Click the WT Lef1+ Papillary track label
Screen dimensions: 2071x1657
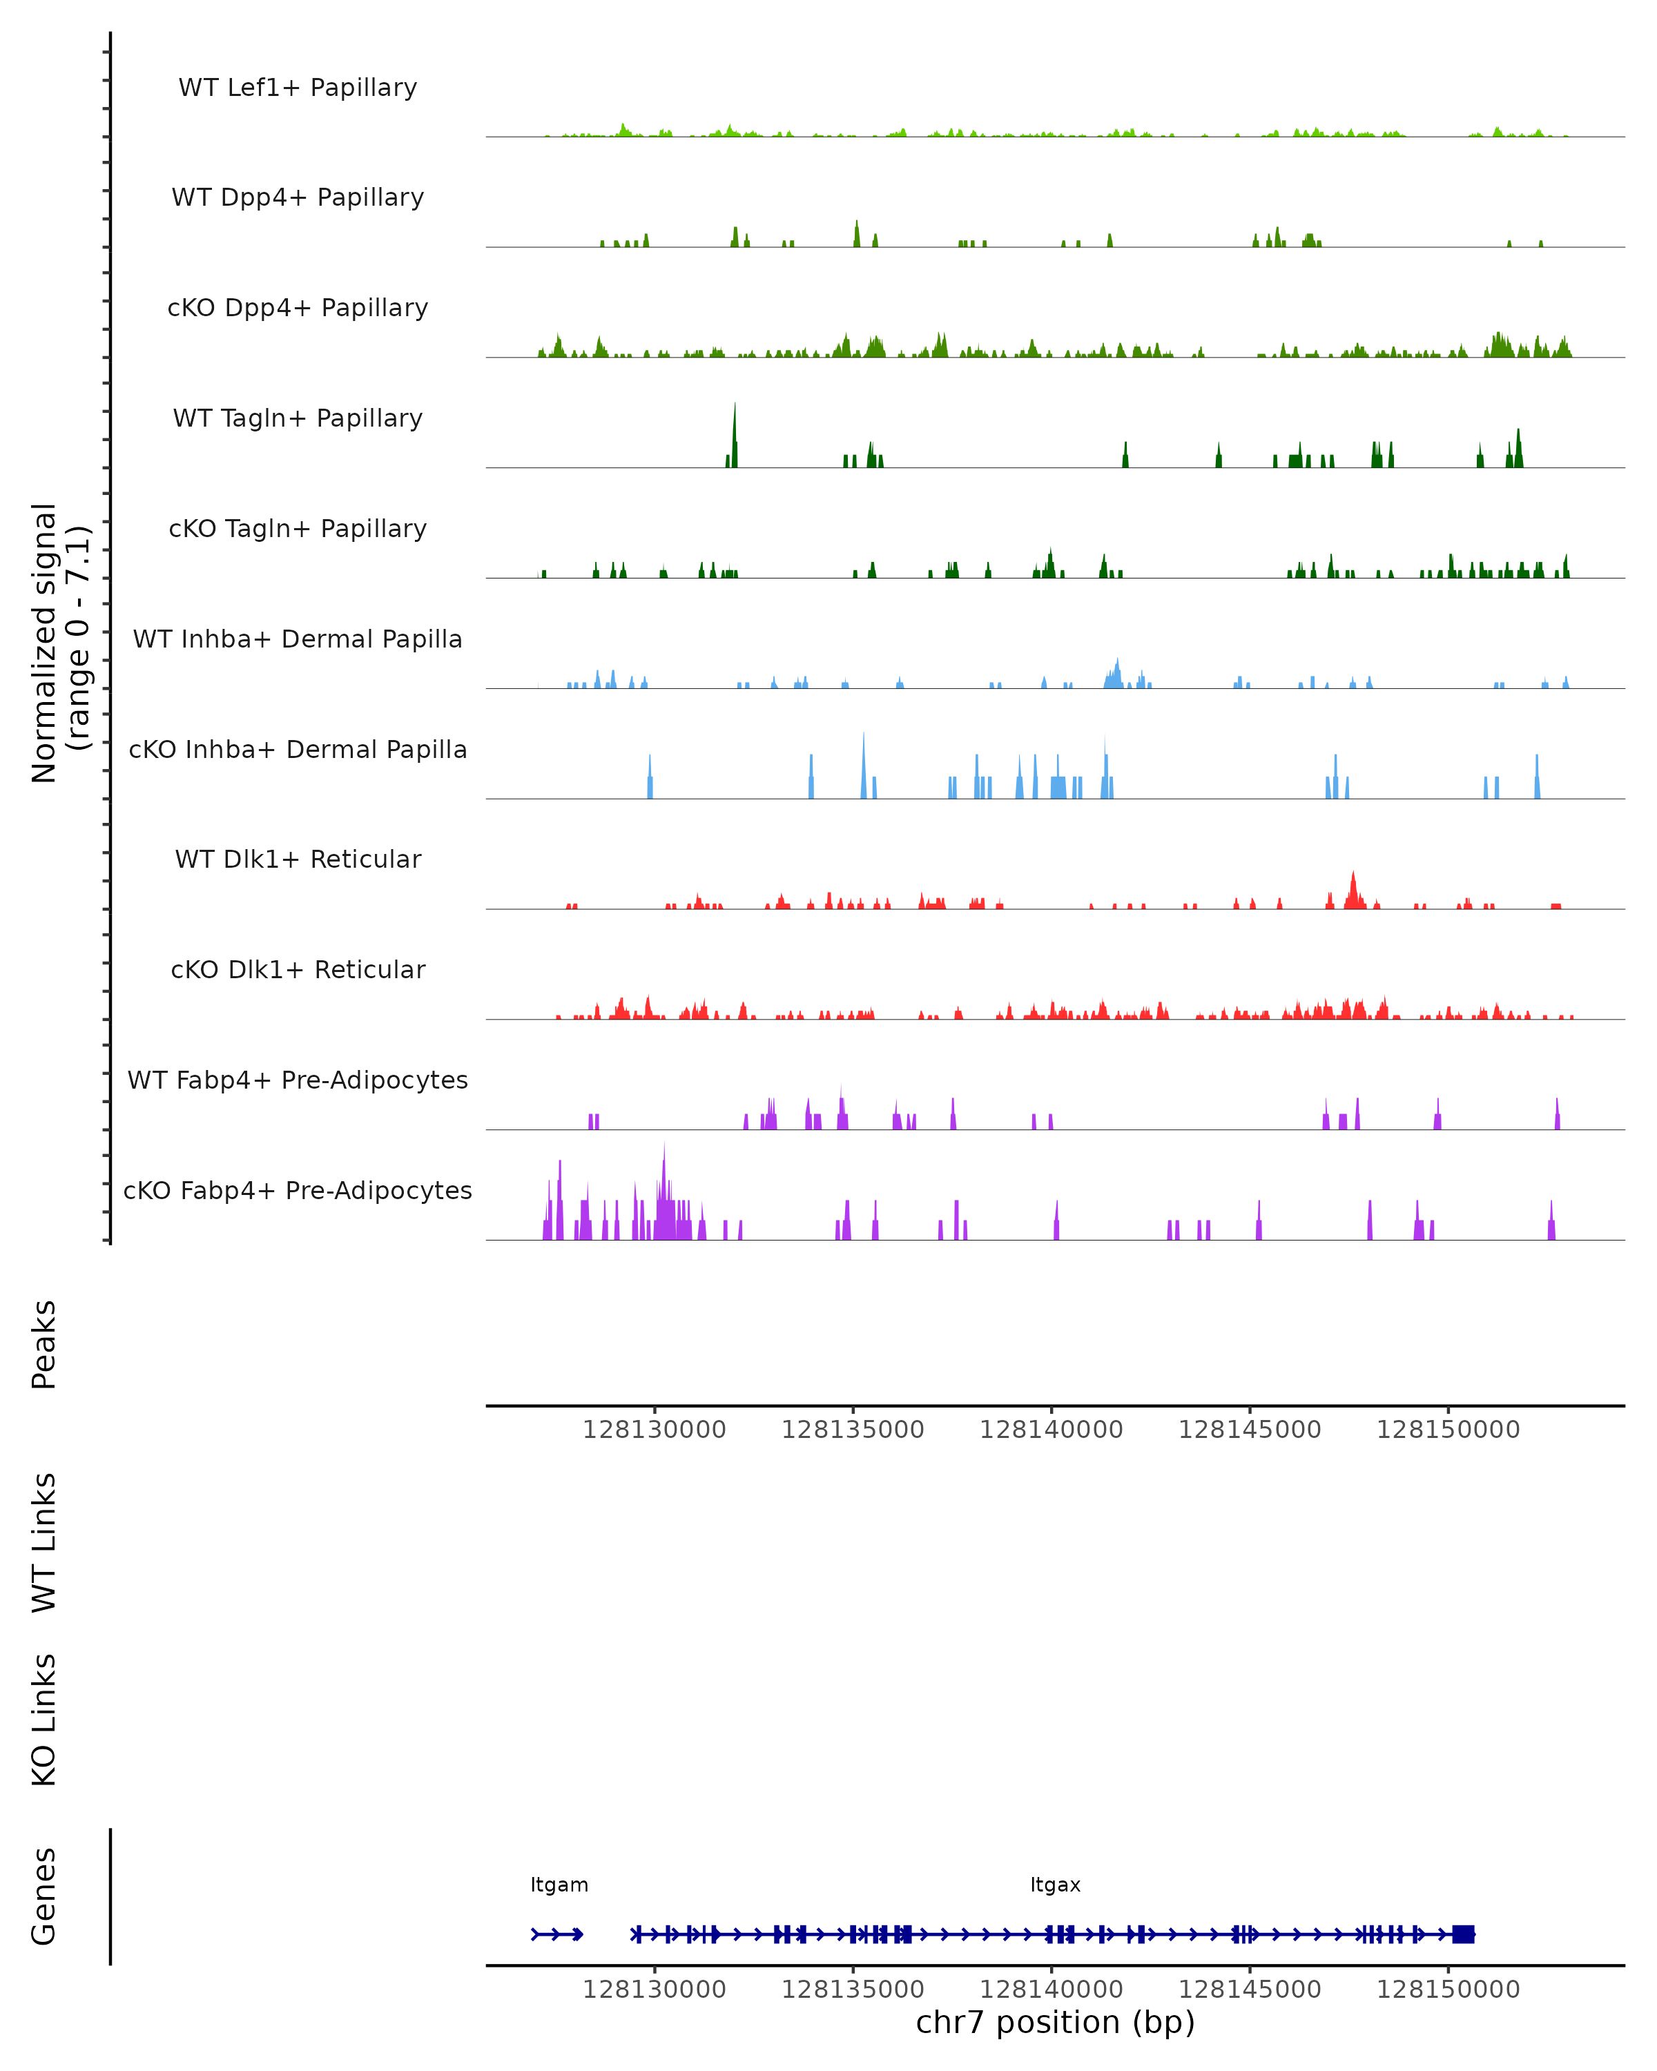(298, 88)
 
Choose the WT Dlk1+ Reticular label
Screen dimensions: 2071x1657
(298, 859)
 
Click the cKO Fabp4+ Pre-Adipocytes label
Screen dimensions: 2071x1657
(298, 1190)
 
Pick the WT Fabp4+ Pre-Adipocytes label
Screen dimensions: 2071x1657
(298, 1080)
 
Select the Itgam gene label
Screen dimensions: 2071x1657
(559, 1885)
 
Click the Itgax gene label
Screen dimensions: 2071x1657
(1055, 1885)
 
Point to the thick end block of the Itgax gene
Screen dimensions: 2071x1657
(1463, 1934)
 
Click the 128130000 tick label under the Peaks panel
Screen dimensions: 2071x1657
(654, 1430)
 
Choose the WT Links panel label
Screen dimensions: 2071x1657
(44, 1542)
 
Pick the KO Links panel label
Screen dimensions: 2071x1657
(44, 1720)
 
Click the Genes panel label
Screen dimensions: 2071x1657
(44, 1896)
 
